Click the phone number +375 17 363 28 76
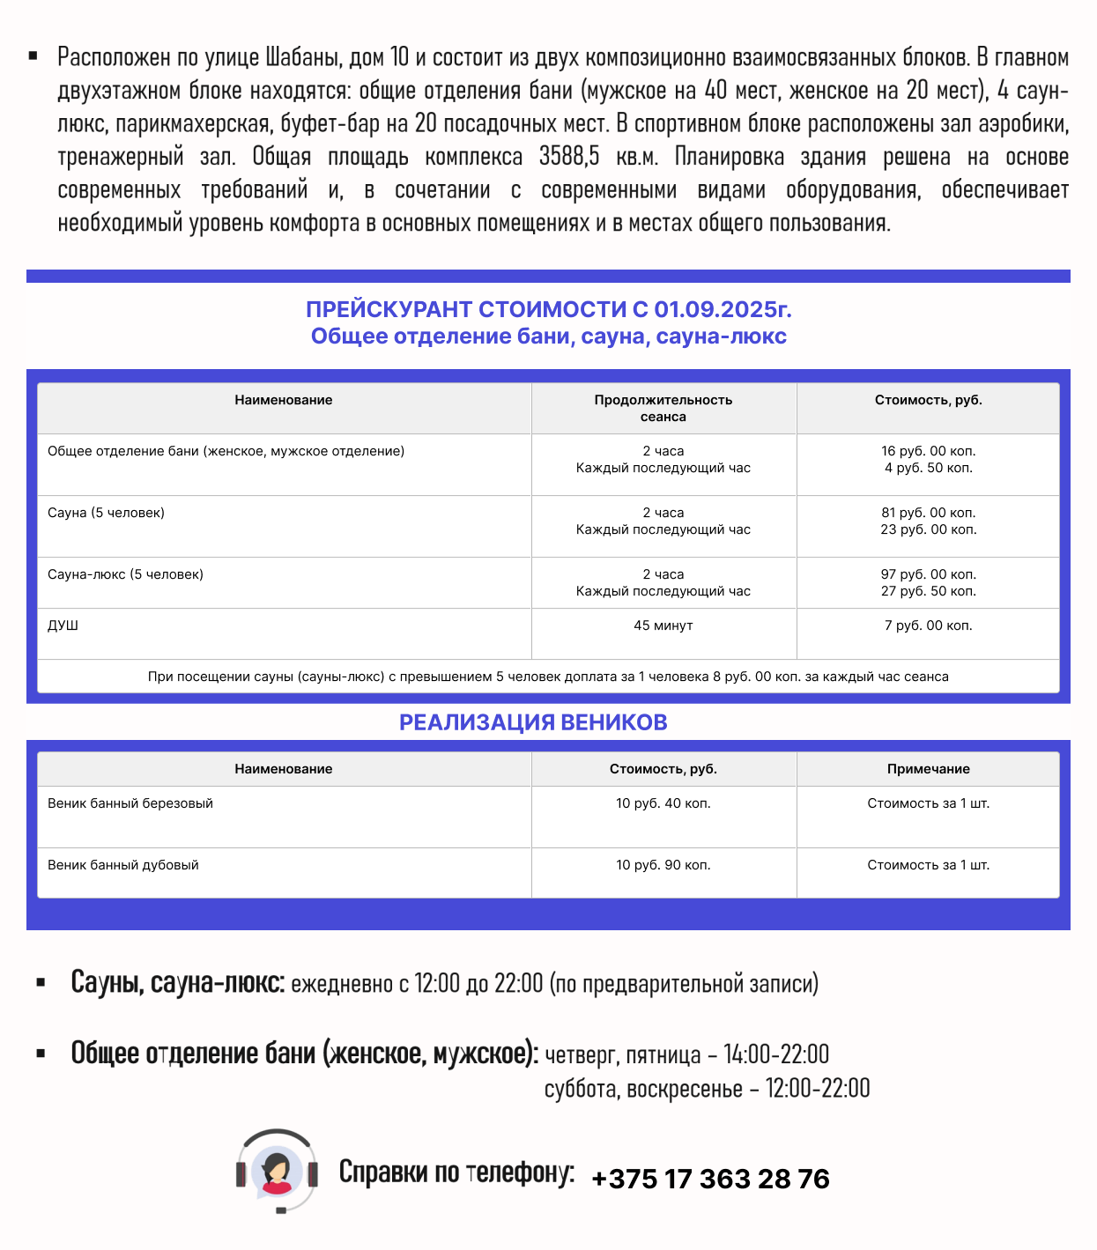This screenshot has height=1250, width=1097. pos(710,1179)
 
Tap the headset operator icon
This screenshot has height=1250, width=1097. pos(277,1171)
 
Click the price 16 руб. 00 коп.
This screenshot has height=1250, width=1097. pos(928,451)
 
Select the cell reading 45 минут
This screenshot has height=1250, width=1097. pos(663,625)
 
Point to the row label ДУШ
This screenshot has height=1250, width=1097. pos(63,625)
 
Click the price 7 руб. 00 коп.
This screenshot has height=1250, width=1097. pos(928,625)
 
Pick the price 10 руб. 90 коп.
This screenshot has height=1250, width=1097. pos(663,865)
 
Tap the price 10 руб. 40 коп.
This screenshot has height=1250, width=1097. pos(663,803)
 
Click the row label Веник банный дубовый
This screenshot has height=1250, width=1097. pos(123,865)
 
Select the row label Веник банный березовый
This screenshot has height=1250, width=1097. pos(130,803)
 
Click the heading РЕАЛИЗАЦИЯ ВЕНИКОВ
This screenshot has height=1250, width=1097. pos(533,722)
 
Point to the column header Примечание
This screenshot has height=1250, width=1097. pos(928,769)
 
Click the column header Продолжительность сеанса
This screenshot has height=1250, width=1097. pos(663,408)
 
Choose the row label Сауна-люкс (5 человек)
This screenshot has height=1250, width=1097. pos(125,574)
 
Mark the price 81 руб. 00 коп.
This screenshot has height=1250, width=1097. pos(928,513)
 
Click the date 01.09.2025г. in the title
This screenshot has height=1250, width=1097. pos(723,309)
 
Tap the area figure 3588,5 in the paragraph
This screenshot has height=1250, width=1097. pos(569,157)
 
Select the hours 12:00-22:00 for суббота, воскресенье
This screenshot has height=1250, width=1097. pos(817,1089)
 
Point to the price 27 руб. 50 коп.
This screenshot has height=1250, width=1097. pos(928,591)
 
